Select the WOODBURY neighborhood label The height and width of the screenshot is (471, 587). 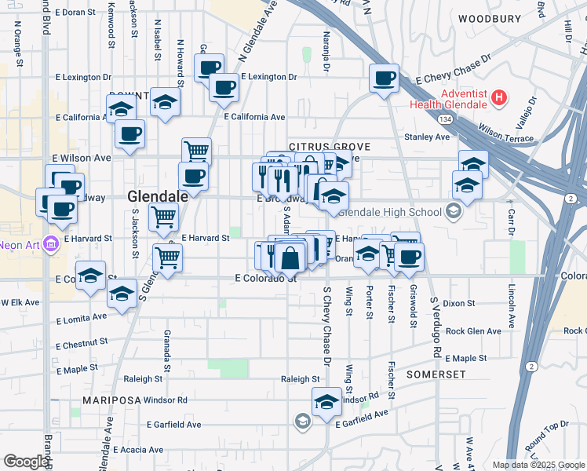[x=489, y=18]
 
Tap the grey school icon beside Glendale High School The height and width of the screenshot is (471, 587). [x=453, y=211]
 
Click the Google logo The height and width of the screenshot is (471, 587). [x=25, y=462]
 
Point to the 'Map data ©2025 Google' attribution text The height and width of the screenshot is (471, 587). [x=538, y=465]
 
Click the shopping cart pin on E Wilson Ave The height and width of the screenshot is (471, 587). [x=196, y=151]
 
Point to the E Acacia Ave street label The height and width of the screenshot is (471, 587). [x=138, y=450]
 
